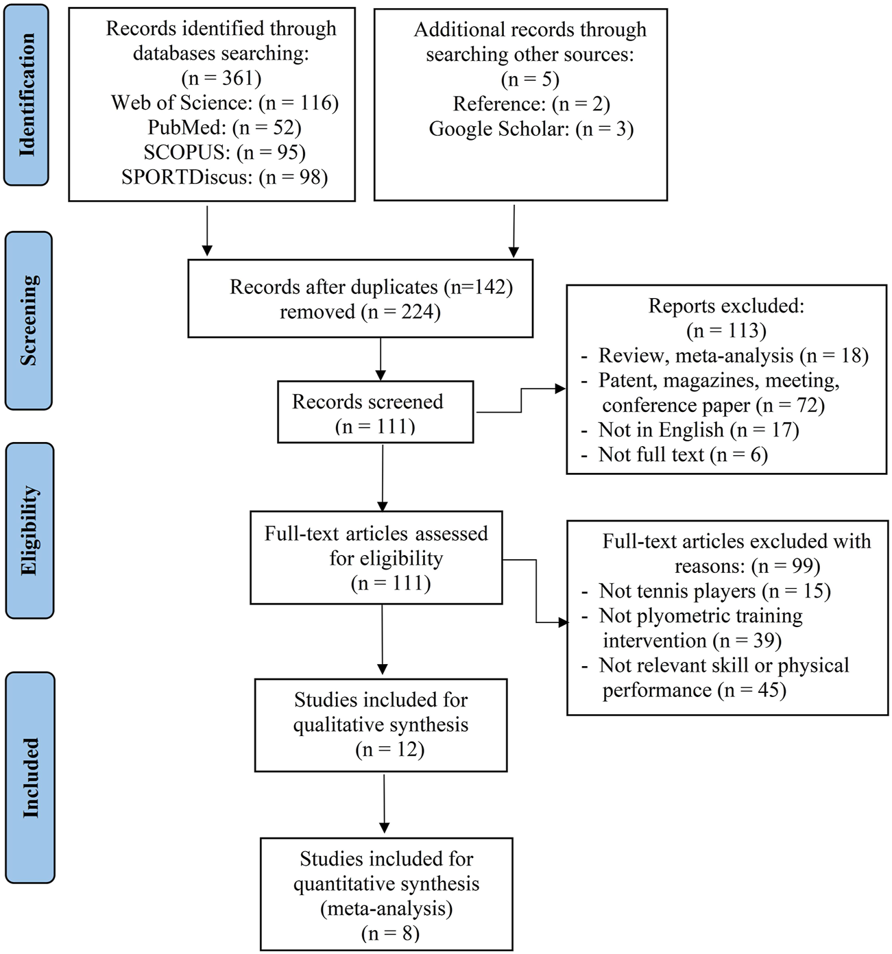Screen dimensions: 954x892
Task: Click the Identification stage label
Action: pyautogui.click(x=27, y=95)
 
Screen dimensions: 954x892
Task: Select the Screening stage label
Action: pyautogui.click(x=28, y=320)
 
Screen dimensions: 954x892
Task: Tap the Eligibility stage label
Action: pyautogui.click(x=29, y=530)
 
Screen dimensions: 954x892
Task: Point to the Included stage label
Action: pyautogui.click(x=30, y=777)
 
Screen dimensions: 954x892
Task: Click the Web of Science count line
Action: pyautogui.click(x=225, y=103)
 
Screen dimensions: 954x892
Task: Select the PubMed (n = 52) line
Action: pyautogui.click(x=224, y=127)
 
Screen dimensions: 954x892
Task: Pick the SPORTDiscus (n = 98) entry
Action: pyautogui.click(x=224, y=177)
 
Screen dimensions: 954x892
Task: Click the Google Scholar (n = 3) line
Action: pyautogui.click(x=531, y=128)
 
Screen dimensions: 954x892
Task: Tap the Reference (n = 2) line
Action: pyautogui.click(x=531, y=103)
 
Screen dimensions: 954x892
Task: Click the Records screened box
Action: pyautogui.click(x=375, y=413)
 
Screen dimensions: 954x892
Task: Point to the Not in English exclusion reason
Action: pyautogui.click(x=698, y=430)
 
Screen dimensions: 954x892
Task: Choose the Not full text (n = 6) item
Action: pyautogui.click(x=682, y=454)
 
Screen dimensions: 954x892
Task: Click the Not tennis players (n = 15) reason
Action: pyautogui.click(x=714, y=591)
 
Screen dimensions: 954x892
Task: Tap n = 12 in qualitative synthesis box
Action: pyautogui.click(x=389, y=749)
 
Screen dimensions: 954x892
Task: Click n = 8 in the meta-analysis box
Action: pyautogui.click(x=389, y=933)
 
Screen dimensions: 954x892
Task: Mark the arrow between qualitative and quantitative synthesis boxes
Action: pyautogui.click(x=384, y=802)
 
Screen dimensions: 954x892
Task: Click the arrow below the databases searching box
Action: pyautogui.click(x=207, y=230)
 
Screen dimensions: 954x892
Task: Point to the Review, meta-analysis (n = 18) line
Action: pyautogui.click(x=732, y=355)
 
